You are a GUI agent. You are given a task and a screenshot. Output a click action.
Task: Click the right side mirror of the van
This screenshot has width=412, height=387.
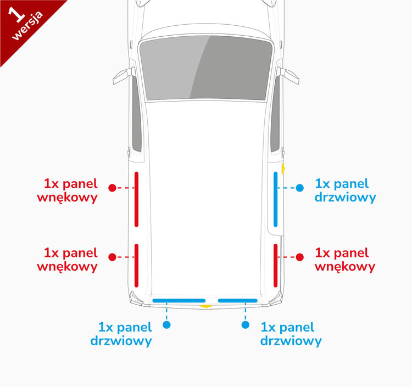[289, 75]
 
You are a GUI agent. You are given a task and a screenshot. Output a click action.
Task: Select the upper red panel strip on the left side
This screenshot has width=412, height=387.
[137, 199]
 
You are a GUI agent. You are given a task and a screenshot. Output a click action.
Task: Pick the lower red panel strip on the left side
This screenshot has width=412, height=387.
[137, 265]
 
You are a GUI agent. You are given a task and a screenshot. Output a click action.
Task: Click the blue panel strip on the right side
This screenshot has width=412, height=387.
[276, 199]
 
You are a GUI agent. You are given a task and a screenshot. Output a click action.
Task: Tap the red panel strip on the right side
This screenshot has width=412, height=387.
[276, 265]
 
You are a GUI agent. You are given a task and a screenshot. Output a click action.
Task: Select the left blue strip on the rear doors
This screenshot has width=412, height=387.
[179, 300]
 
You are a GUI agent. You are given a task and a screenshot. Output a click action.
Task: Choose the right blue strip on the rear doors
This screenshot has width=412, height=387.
[237, 300]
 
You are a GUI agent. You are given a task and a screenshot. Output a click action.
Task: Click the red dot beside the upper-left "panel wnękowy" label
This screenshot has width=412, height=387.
[112, 188]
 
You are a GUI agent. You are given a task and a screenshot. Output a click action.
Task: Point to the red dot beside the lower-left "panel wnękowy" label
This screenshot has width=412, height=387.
[112, 257]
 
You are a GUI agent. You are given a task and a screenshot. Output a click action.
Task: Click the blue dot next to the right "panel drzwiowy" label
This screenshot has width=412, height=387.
[299, 188]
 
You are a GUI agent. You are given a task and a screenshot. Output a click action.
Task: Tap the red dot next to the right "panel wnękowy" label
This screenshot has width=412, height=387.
[300, 257]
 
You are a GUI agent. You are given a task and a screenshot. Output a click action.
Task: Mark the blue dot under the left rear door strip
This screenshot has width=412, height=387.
[167, 325]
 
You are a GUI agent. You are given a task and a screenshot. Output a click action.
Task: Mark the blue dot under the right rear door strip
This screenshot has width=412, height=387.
[246, 325]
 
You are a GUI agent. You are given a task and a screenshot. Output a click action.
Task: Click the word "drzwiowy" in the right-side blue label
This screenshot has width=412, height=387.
[346, 197]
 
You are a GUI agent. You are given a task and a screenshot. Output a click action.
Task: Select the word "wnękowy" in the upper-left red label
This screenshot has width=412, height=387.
[68, 197]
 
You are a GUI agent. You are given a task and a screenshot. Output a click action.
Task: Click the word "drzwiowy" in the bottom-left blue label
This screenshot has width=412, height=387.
[121, 341]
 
